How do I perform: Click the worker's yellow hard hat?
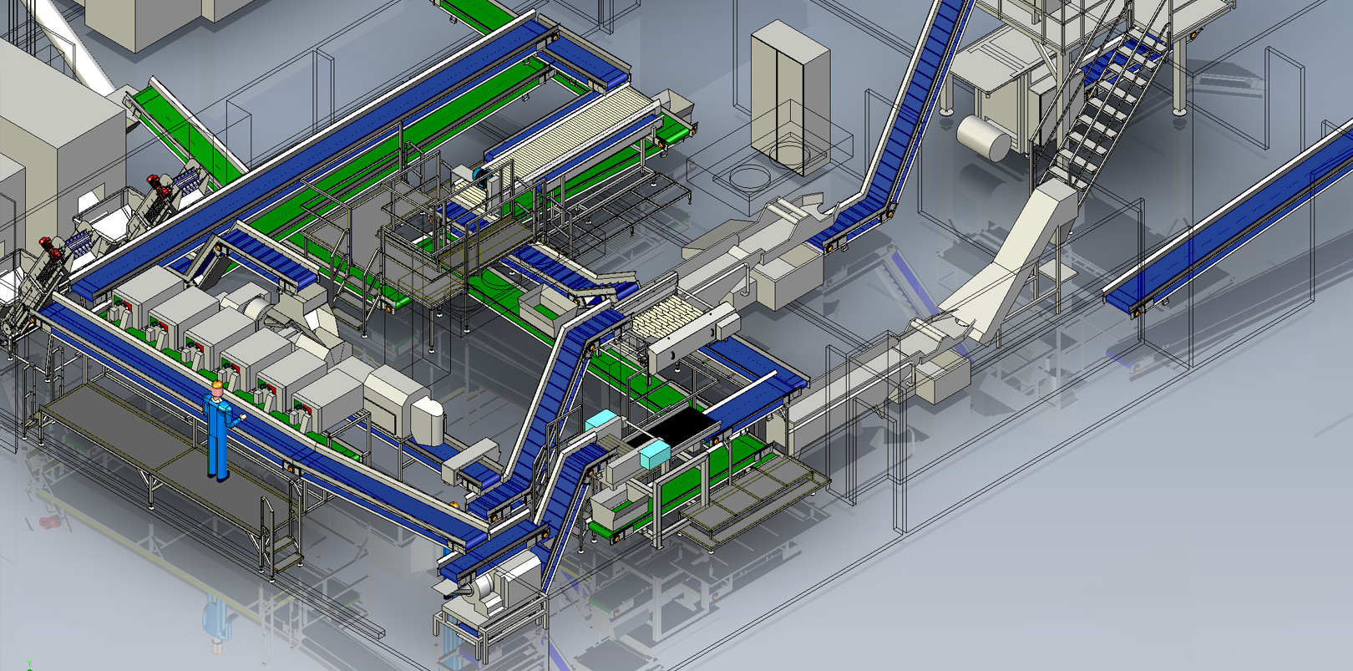217,385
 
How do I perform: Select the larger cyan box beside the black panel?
654,455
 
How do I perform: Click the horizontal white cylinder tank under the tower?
983,138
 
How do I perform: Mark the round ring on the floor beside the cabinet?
749,177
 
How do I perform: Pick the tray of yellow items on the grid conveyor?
665,322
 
